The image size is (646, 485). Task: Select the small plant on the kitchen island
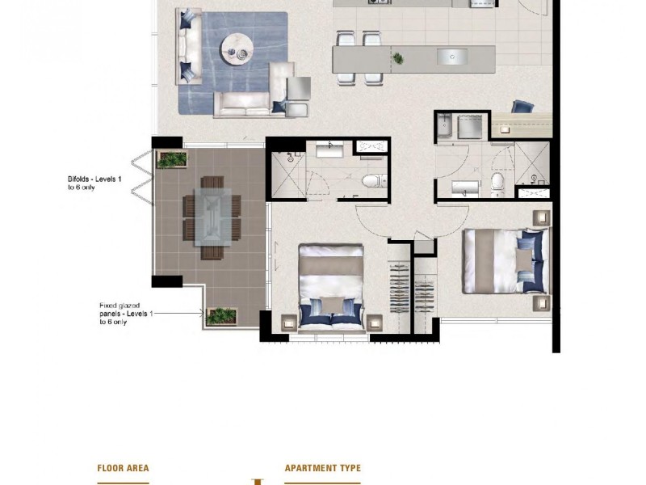pyautogui.click(x=397, y=57)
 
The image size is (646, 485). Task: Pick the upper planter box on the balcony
pyautogui.click(x=172, y=159)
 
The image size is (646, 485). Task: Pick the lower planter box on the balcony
pyautogui.click(x=220, y=316)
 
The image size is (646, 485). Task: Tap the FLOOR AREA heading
pyautogui.click(x=123, y=468)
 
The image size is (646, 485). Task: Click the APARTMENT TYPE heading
pyautogui.click(x=322, y=468)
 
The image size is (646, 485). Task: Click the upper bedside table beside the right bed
pyautogui.click(x=540, y=218)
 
